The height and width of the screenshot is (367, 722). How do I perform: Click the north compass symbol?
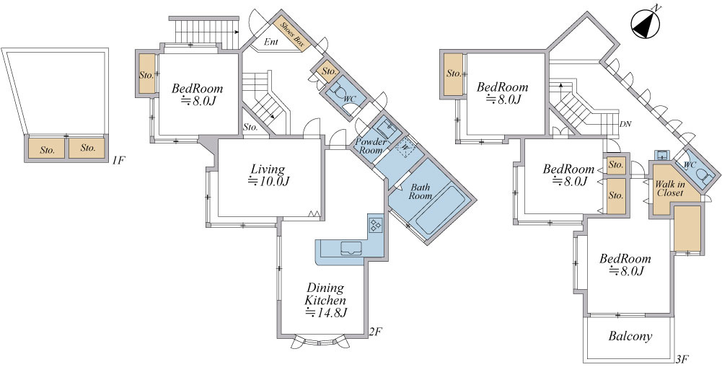click(x=646, y=25)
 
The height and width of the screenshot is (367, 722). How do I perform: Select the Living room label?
click(x=268, y=169)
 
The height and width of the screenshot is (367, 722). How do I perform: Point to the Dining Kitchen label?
click(x=325, y=294)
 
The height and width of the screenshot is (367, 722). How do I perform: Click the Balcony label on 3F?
click(x=630, y=336)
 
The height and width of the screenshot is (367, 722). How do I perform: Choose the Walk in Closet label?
click(x=670, y=189)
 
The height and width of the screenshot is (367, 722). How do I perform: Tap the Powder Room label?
click(x=371, y=146)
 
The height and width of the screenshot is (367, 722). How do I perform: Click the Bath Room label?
click(x=421, y=192)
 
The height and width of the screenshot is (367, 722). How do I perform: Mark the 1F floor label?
click(x=118, y=160)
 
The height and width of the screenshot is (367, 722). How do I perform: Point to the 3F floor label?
click(x=682, y=359)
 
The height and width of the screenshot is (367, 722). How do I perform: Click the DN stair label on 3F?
click(x=625, y=124)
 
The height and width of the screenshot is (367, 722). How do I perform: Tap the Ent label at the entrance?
click(x=271, y=42)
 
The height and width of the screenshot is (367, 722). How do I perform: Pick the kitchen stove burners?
click(x=375, y=224)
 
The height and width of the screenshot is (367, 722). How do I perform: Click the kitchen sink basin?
click(x=352, y=249)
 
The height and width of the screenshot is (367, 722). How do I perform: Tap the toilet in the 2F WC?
click(x=340, y=94)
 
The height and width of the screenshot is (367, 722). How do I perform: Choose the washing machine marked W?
click(x=405, y=147)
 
